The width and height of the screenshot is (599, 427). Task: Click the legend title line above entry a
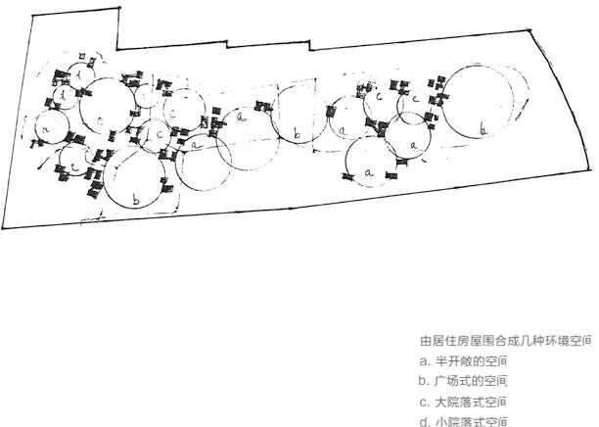506,342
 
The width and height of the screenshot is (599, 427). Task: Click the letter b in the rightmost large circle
484,128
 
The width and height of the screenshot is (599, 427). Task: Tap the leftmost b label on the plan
136,199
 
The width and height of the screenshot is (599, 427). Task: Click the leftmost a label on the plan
46,126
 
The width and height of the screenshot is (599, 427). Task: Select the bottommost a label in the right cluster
369,172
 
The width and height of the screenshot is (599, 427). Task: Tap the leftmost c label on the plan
75,167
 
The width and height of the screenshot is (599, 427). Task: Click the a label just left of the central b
241,117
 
